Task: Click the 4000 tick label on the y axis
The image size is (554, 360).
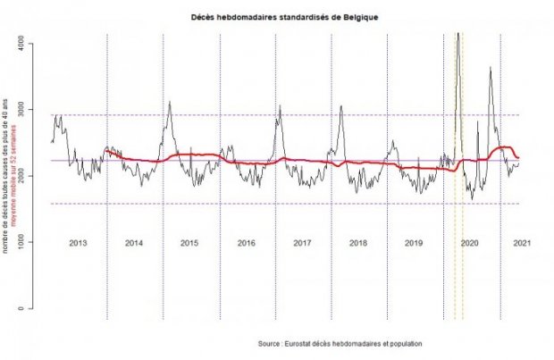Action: (x=32, y=43)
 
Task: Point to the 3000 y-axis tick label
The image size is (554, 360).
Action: (x=32, y=109)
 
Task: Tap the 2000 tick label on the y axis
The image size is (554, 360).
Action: (x=32, y=176)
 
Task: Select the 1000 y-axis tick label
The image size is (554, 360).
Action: (x=32, y=242)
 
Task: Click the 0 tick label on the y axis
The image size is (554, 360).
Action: (x=32, y=309)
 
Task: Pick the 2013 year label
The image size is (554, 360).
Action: (x=78, y=243)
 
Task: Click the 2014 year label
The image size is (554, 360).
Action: (x=134, y=243)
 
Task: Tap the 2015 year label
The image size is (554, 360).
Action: (x=189, y=243)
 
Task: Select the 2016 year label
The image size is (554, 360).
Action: (x=246, y=243)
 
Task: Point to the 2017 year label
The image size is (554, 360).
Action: (x=301, y=243)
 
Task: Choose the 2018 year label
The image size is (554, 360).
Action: (x=357, y=243)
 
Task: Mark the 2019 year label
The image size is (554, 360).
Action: (x=413, y=243)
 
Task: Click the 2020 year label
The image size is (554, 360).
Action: (x=469, y=243)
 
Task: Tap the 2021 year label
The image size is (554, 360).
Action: (x=524, y=243)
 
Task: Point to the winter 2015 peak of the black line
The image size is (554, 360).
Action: (x=169, y=102)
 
